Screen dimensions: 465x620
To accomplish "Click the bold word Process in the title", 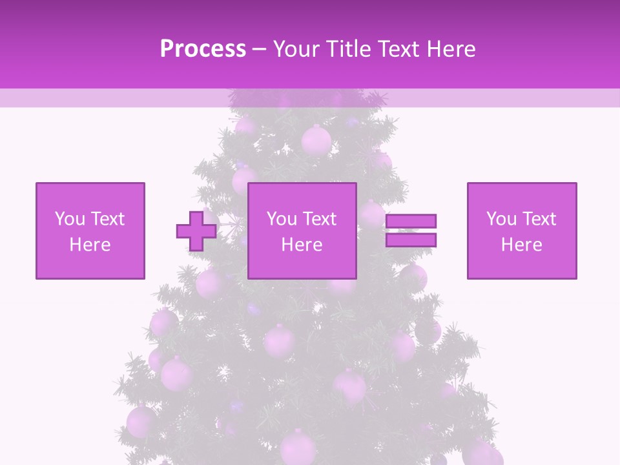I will coord(203,49).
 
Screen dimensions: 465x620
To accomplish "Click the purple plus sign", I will coord(196,231).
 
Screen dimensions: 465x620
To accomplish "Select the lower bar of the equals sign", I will coord(411,240).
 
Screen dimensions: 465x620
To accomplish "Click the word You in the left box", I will coord(70,219).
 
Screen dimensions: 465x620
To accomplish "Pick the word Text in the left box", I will coord(108,219).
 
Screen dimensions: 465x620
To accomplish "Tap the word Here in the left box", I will coord(90,245).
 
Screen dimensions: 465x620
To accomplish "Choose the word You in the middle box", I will coord(282,219).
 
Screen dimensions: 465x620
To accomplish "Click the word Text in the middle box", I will coord(320,219).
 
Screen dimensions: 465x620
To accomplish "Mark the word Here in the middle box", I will coord(302,245).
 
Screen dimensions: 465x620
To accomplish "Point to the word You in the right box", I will coord(501,219).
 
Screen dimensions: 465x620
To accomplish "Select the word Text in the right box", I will coord(539,219).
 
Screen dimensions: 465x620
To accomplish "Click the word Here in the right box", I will coord(521,245).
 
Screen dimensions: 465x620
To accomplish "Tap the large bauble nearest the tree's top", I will coord(316,139).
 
